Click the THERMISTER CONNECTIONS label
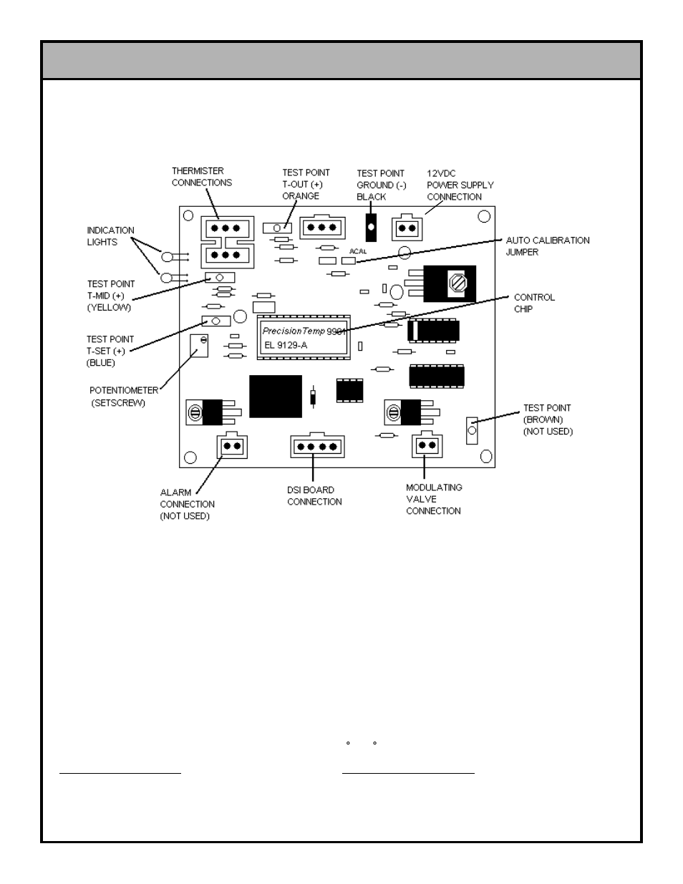coord(201,177)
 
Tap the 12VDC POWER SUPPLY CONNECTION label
coord(460,185)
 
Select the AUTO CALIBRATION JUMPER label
coord(548,246)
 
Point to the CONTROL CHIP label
coord(533,303)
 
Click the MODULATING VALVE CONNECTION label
coord(434,499)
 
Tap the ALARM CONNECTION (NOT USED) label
coord(187,504)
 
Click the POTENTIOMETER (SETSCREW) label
coord(123,397)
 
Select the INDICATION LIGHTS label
coord(110,236)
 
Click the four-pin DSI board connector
coord(317,446)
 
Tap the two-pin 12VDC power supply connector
coord(407,228)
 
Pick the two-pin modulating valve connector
coord(427,445)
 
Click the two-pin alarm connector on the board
coord(232,446)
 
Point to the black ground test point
coord(371,227)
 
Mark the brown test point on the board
coord(472,430)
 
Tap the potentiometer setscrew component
coord(198,345)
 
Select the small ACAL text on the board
coord(358,251)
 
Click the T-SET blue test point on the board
coord(215,321)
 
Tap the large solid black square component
coord(276,396)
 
